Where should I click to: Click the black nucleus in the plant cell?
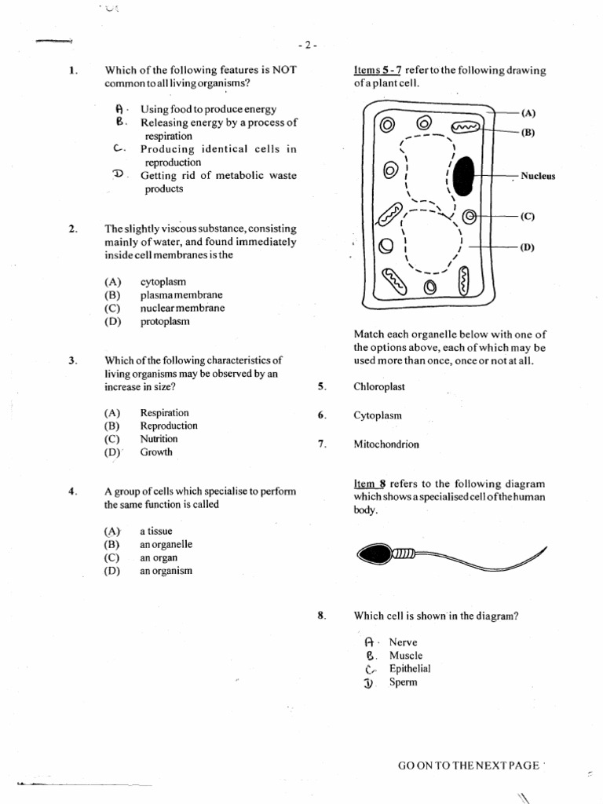coord(465,176)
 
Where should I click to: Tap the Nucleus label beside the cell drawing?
coord(538,176)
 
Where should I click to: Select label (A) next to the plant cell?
coord(528,112)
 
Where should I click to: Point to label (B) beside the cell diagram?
coord(528,133)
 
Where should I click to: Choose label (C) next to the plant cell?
coord(528,215)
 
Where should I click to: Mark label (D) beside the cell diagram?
coord(528,247)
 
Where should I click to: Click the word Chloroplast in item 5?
coord(379,386)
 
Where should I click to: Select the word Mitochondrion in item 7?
coord(386,444)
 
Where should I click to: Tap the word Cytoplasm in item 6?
coord(378,415)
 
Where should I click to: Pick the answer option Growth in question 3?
coord(155,452)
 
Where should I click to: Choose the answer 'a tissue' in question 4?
coord(155,531)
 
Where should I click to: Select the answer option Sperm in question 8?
coord(404,682)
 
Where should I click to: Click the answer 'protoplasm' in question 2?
coord(165,321)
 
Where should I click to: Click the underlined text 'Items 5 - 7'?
coord(378,71)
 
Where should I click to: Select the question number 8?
coord(321,616)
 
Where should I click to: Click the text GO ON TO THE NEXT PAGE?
coord(469,765)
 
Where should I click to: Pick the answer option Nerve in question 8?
coord(404,642)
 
